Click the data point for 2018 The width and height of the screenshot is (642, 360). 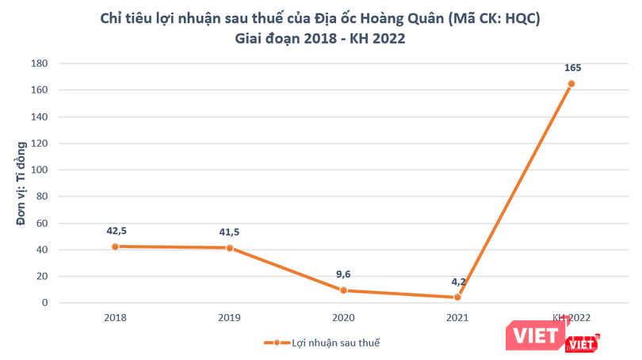pyautogui.click(x=115, y=247)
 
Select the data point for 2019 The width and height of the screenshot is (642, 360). pyautogui.click(x=230, y=248)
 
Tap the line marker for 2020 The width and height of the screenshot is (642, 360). pyautogui.click(x=343, y=290)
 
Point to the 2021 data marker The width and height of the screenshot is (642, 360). pyautogui.click(x=457, y=297)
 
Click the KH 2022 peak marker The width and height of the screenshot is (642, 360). pyautogui.click(x=571, y=83)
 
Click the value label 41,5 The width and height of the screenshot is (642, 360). pyautogui.click(x=230, y=232)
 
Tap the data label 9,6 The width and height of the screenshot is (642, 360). pyautogui.click(x=343, y=274)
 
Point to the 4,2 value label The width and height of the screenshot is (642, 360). pyautogui.click(x=457, y=281)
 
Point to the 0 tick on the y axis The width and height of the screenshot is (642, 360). pyautogui.click(x=45, y=303)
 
